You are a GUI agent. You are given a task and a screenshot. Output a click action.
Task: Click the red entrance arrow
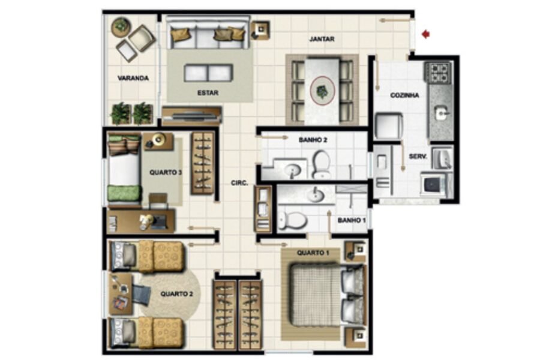[x=426, y=34]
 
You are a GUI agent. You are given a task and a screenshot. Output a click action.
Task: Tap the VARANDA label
[x=133, y=78]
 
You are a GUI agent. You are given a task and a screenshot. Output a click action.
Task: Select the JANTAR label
[x=322, y=39]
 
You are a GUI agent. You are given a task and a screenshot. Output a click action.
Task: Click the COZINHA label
[x=404, y=95]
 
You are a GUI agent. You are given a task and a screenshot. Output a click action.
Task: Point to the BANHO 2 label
[x=313, y=140]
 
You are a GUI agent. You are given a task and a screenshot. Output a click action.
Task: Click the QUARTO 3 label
[x=166, y=172]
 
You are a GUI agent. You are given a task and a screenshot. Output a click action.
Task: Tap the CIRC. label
[x=239, y=183]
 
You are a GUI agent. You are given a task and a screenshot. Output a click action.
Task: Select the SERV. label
[x=418, y=157]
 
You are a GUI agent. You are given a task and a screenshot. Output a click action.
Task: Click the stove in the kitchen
[x=439, y=73]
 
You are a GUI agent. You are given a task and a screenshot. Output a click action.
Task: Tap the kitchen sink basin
[x=440, y=113]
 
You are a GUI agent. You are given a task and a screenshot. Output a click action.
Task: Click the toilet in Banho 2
[x=321, y=164]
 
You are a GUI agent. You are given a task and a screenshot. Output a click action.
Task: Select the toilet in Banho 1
[x=293, y=220]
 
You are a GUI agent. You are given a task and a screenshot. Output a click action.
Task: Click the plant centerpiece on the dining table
[x=322, y=91]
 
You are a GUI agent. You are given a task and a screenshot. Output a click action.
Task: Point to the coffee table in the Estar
[x=208, y=73]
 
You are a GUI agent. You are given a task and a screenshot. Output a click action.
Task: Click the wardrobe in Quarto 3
[x=203, y=163]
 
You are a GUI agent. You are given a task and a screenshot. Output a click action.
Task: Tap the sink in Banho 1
[x=316, y=196]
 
